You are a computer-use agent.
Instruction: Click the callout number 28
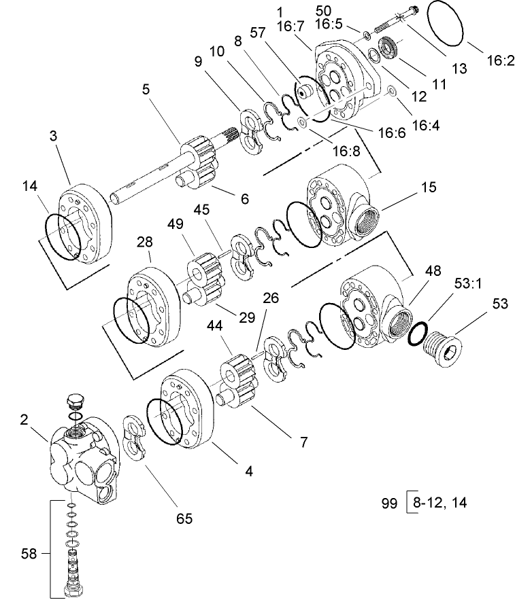144,243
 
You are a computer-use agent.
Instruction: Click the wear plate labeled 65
138,441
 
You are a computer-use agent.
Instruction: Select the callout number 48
433,270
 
